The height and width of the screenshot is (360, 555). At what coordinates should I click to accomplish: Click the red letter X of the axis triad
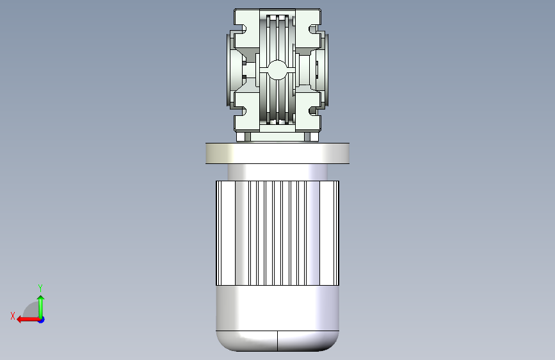(x=13, y=316)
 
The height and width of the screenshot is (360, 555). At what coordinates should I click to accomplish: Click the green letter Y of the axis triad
(x=40, y=288)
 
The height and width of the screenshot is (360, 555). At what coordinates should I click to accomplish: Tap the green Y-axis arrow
(x=41, y=307)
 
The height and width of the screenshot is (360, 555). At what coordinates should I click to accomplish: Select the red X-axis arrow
(x=29, y=320)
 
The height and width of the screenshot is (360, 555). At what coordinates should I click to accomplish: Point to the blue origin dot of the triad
(x=42, y=320)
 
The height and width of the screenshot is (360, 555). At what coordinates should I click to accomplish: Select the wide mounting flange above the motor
(x=278, y=154)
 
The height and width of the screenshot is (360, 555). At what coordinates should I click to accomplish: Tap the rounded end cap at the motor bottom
(x=278, y=341)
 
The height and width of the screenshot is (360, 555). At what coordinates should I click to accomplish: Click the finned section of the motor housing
(x=278, y=233)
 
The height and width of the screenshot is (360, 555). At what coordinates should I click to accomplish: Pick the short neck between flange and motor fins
(x=278, y=172)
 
